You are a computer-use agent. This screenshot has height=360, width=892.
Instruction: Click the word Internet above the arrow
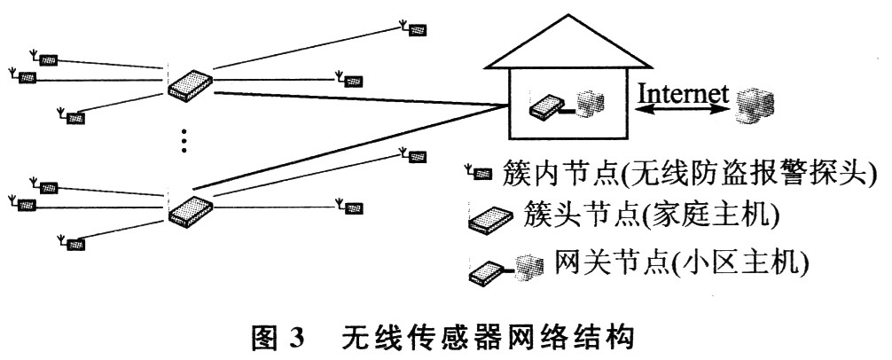[x=684, y=93]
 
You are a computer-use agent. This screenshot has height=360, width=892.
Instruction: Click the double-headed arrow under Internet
[x=683, y=109]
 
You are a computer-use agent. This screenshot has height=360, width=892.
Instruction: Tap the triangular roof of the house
[x=569, y=41]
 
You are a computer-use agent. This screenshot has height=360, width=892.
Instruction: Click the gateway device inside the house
[x=547, y=107]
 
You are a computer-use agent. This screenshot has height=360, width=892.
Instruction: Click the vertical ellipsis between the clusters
[x=184, y=140]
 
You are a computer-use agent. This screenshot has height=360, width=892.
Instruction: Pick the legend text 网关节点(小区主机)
[x=680, y=262]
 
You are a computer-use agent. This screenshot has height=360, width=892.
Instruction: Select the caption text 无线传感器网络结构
[x=488, y=339]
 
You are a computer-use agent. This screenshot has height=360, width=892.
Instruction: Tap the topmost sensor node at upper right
[x=413, y=28]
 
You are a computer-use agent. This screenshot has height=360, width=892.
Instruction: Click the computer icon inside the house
[x=589, y=103]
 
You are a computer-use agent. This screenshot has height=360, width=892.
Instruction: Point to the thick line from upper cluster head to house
[x=359, y=98]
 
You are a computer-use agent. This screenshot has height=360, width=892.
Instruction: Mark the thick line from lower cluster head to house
[x=350, y=148]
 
